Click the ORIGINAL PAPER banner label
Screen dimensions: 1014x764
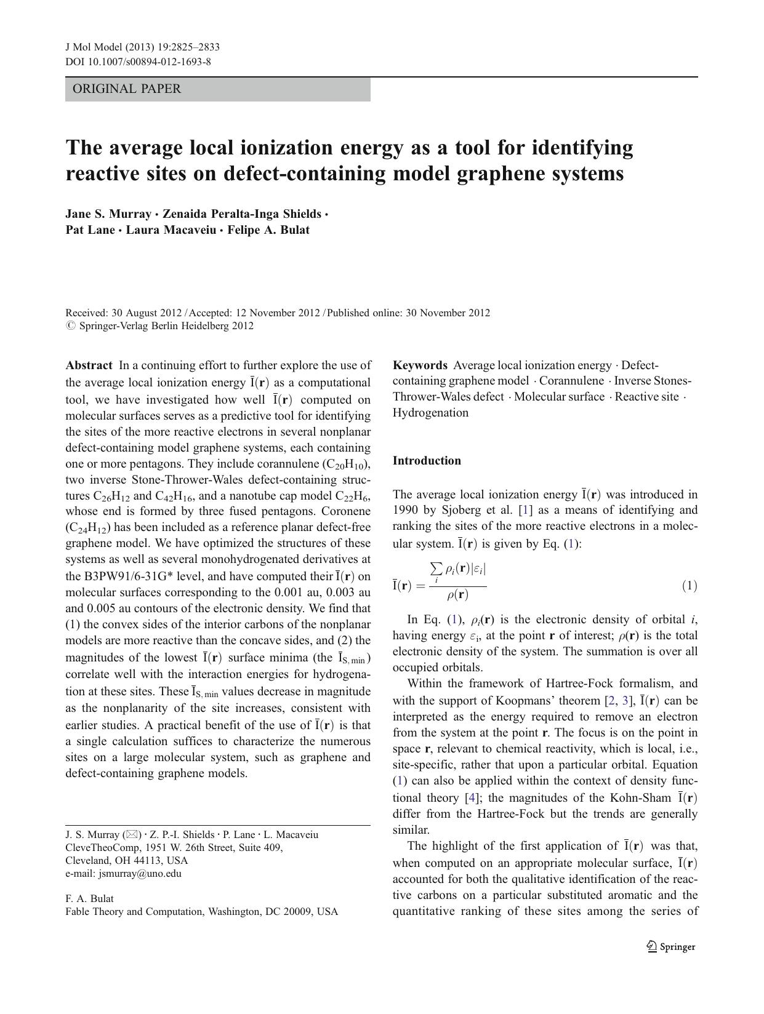click(127, 89)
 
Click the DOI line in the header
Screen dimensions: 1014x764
click(138, 62)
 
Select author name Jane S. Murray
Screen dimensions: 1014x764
click(108, 214)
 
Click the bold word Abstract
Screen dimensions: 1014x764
click(89, 365)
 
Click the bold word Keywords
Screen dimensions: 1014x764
click(420, 365)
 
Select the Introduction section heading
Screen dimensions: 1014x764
click(427, 461)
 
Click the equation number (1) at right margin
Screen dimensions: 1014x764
click(689, 586)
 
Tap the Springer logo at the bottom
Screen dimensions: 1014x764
click(671, 947)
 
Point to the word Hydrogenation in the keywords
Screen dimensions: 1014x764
click(430, 413)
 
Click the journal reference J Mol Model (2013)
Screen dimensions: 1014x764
click(114, 47)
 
